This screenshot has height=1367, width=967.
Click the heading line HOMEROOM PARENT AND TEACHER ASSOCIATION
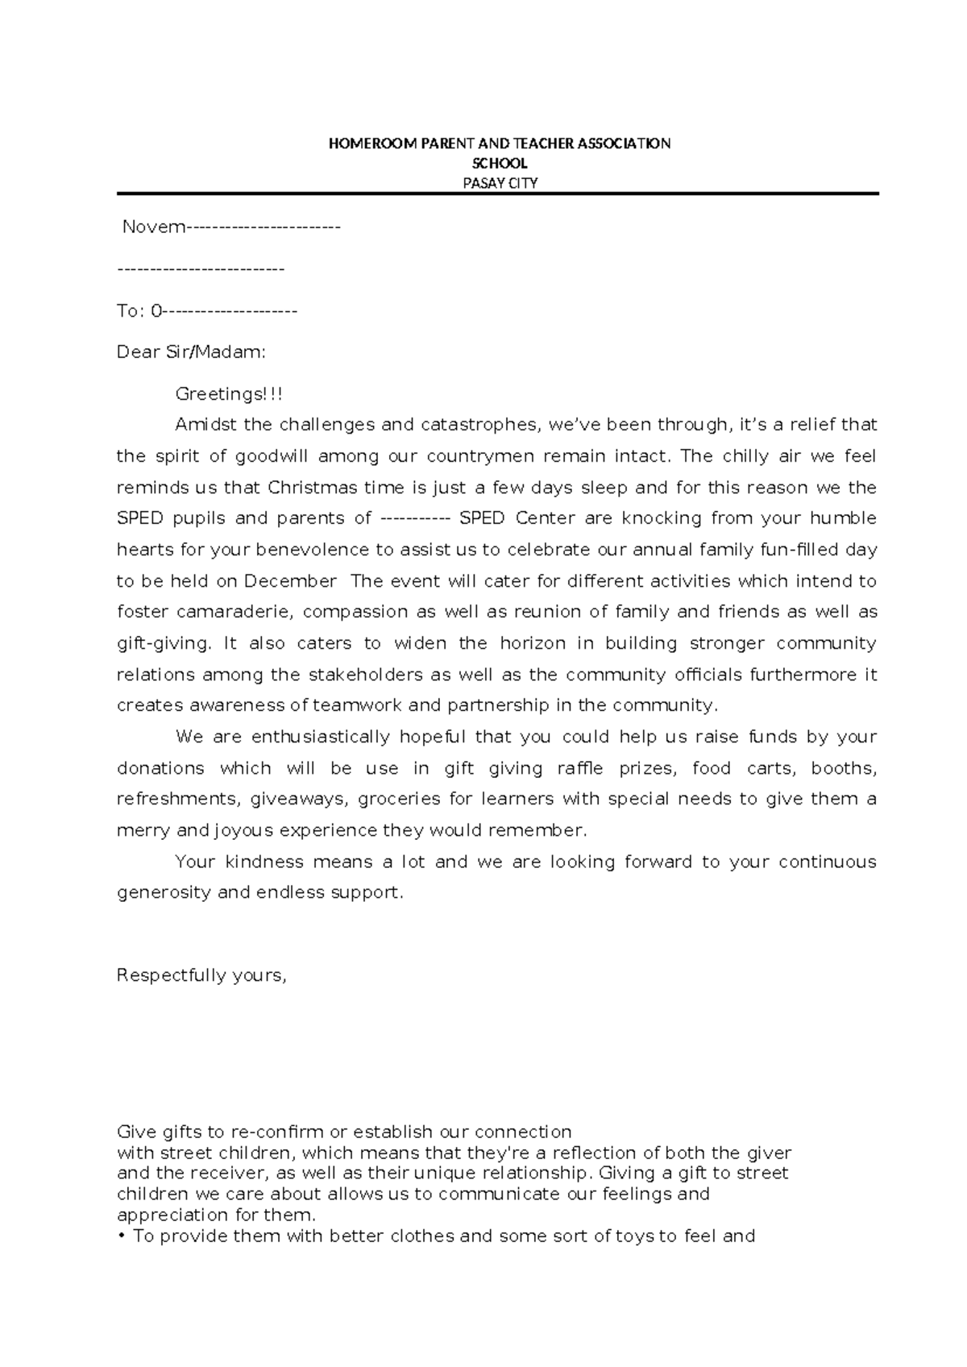click(x=499, y=144)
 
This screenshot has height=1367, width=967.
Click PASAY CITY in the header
click(x=499, y=183)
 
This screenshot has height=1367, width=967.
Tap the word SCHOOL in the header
click(x=499, y=164)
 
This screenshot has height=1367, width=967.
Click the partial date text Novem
click(x=153, y=227)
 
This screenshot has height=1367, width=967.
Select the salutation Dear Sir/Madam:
click(x=191, y=352)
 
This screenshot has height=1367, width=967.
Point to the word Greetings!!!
click(x=229, y=394)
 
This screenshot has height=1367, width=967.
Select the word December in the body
click(x=290, y=581)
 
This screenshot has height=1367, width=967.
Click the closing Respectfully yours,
click(x=201, y=976)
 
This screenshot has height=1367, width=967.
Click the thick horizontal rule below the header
click(x=497, y=194)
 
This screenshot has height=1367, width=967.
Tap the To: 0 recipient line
click(x=207, y=311)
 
